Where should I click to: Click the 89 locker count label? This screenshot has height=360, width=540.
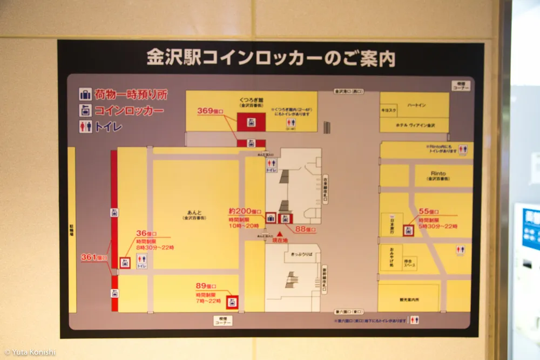(x=206, y=286)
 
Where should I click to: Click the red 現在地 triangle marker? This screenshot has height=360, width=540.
(x=280, y=234)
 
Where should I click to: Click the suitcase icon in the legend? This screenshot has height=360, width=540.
(x=85, y=95)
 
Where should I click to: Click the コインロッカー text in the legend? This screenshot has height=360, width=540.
(x=129, y=111)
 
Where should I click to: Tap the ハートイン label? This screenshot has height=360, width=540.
(x=415, y=105)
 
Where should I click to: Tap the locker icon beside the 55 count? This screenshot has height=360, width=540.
(x=409, y=230)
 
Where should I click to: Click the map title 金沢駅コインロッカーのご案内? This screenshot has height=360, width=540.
(x=271, y=58)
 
